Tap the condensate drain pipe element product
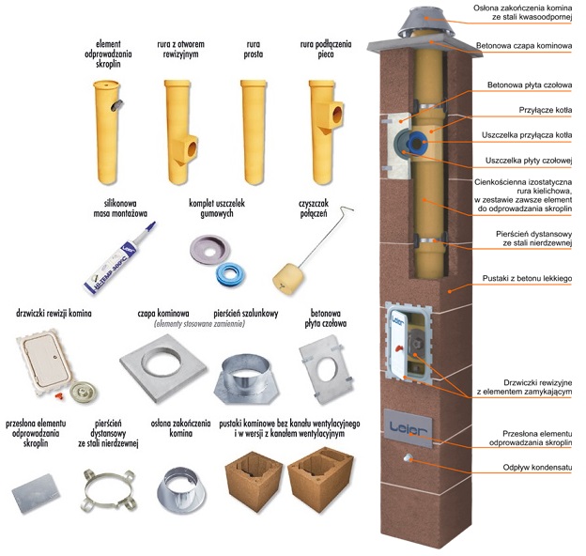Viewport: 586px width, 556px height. click(109, 122)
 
